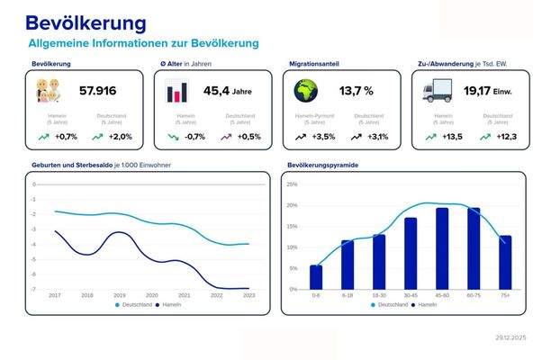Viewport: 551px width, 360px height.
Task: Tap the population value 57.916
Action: [x=98, y=91]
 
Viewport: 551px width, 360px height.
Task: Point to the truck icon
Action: [x=436, y=91]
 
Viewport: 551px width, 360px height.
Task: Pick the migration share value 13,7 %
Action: [x=356, y=91]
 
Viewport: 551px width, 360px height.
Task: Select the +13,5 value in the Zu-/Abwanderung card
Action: [x=450, y=137]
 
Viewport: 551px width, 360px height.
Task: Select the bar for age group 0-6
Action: [x=316, y=277]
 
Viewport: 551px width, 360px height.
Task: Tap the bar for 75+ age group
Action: [x=505, y=262]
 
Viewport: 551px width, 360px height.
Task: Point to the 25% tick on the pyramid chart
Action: [x=291, y=184]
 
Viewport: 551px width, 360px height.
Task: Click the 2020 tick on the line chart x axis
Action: [x=152, y=295]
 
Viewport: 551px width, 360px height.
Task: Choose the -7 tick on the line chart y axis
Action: [x=33, y=289]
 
